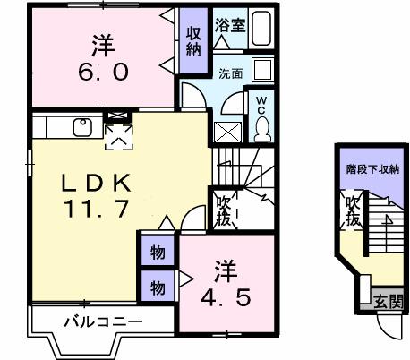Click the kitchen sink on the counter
pyautogui.click(x=81, y=125)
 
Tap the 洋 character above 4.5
pyautogui.click(x=224, y=269)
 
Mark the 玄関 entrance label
pyautogui.click(x=388, y=301)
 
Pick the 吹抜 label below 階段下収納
pyautogui.click(x=354, y=213)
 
